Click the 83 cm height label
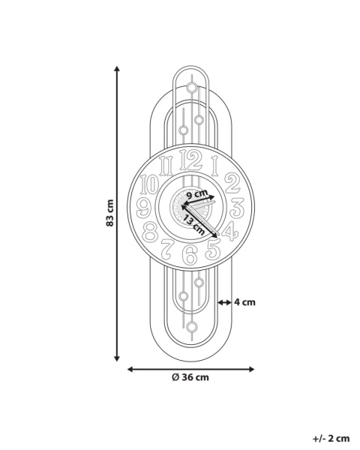point(110,213)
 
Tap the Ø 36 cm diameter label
point(190,377)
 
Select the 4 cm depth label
point(244,302)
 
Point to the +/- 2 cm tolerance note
point(331,439)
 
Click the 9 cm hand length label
point(197,194)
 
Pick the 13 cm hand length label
point(193,225)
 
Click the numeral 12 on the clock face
point(190,160)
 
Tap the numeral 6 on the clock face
point(190,254)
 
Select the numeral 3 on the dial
point(237,208)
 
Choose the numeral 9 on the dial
point(143,208)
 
